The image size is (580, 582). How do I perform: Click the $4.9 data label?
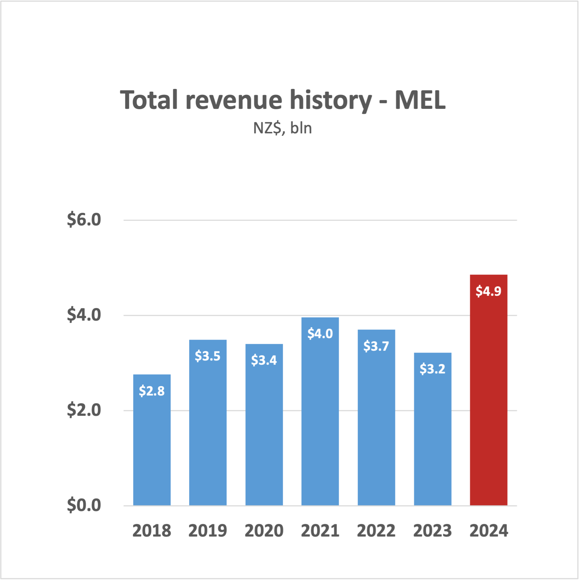point(488,291)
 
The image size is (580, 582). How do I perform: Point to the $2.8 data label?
point(152,391)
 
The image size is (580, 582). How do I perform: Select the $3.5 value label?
point(208,356)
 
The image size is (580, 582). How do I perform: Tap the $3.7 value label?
point(376,346)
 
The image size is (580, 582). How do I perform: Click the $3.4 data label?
point(264,360)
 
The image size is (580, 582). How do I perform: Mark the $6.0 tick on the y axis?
point(84,220)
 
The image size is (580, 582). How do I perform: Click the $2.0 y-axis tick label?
point(84,410)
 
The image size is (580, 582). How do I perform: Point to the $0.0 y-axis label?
point(84,505)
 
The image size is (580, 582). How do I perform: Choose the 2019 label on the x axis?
point(208,531)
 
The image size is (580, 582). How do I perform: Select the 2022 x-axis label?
point(376,531)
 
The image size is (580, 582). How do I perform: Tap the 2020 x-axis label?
point(264,531)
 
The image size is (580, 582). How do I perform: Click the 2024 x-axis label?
point(488,531)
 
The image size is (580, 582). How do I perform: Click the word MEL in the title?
point(420,100)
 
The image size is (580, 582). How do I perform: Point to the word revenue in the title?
point(234,100)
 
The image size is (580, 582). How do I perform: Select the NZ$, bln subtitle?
point(282,128)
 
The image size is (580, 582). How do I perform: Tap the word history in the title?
point(331,100)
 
